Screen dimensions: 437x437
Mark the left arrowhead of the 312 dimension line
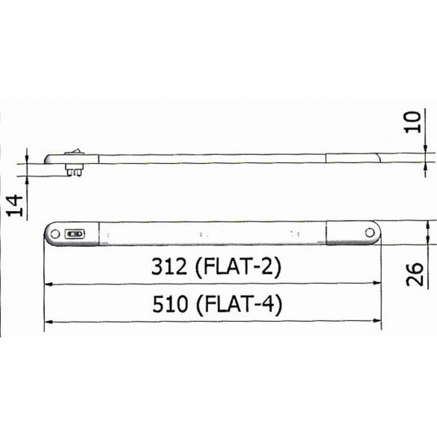pos(49,284)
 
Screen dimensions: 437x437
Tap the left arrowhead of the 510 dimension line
pos(49,322)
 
